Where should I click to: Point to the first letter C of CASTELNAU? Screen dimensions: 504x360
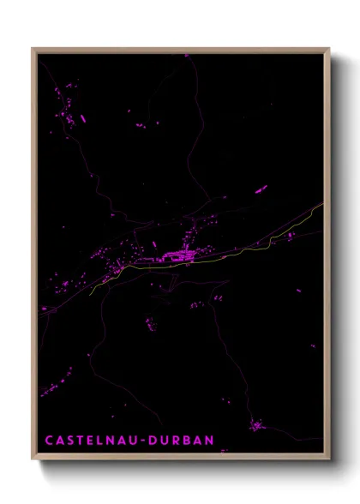(x=48, y=441)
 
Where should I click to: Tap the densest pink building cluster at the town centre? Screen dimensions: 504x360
(x=180, y=254)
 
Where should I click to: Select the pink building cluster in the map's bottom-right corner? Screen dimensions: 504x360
(x=256, y=424)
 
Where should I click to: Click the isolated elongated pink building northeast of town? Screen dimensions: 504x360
(x=261, y=189)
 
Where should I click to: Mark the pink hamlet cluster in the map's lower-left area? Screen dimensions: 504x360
(x=58, y=383)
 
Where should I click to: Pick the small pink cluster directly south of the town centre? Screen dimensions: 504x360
(x=151, y=324)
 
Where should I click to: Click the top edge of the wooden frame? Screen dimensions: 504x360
(x=180, y=50)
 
